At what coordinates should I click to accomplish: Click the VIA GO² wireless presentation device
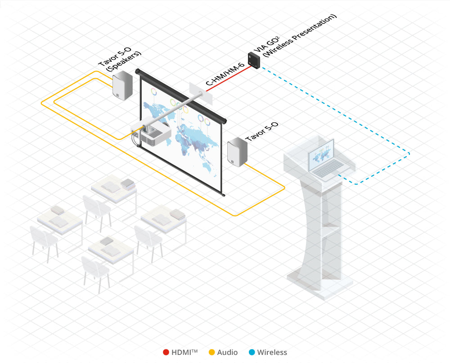tap(254, 60)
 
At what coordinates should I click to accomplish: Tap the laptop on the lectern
tap(325, 160)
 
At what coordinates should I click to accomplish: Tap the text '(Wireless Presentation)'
tap(299, 36)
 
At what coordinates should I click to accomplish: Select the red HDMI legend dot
tap(166, 353)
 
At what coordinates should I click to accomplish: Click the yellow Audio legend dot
tap(212, 353)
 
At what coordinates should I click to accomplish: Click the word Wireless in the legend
tap(272, 353)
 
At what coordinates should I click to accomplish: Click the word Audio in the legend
tap(228, 353)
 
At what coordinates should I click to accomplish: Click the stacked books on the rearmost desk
tap(127, 183)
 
